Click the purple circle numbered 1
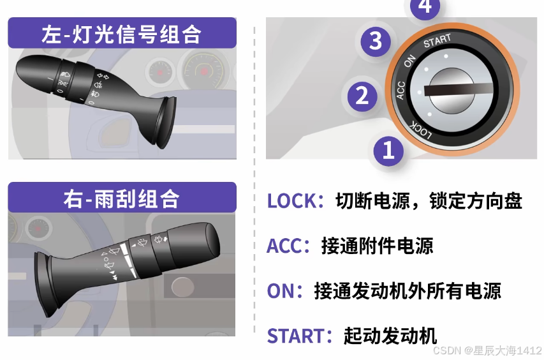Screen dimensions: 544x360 click(x=388, y=151)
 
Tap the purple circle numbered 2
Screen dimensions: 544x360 click(x=362, y=96)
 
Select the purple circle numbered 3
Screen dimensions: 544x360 click(x=376, y=41)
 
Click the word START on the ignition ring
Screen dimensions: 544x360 click(x=437, y=41)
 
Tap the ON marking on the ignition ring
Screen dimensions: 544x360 click(x=409, y=61)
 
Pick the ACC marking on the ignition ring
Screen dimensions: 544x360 click(x=401, y=90)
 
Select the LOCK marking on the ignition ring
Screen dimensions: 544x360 click(x=421, y=130)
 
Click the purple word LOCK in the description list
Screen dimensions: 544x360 click(x=292, y=201)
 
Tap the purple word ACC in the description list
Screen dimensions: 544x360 click(x=284, y=246)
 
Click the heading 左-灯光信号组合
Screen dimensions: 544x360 click(x=121, y=34)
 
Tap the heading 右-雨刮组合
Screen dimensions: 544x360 click(x=121, y=199)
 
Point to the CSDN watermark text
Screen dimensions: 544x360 click(x=487, y=350)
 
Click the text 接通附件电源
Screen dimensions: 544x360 click(x=377, y=246)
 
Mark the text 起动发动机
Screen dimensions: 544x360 click(x=390, y=336)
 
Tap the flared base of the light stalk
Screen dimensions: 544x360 click(x=164, y=121)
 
